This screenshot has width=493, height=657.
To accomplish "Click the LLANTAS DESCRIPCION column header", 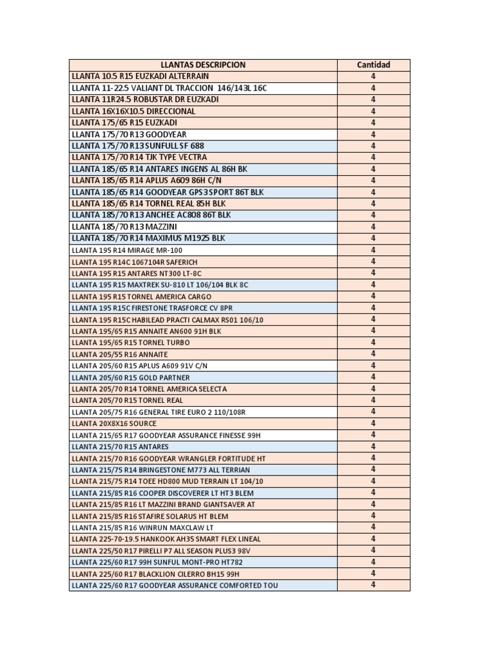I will [x=203, y=65].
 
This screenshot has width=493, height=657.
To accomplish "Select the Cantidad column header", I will [x=373, y=65].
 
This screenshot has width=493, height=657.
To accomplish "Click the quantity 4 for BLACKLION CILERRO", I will [x=373, y=574].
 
